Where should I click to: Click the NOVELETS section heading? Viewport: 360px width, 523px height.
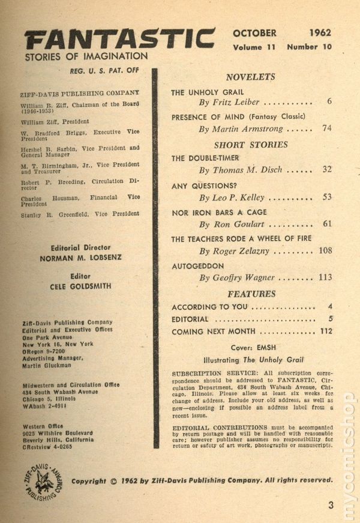coord(251,77)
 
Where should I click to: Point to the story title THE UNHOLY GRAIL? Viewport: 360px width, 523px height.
coord(207,92)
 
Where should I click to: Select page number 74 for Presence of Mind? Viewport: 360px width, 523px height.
coord(326,128)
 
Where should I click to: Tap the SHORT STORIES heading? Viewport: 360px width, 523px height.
coord(251,145)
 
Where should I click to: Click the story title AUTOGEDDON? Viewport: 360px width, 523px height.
coord(197,265)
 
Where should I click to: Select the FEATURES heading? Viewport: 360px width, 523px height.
coord(251,294)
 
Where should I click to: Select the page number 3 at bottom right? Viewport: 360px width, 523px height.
coord(331,506)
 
